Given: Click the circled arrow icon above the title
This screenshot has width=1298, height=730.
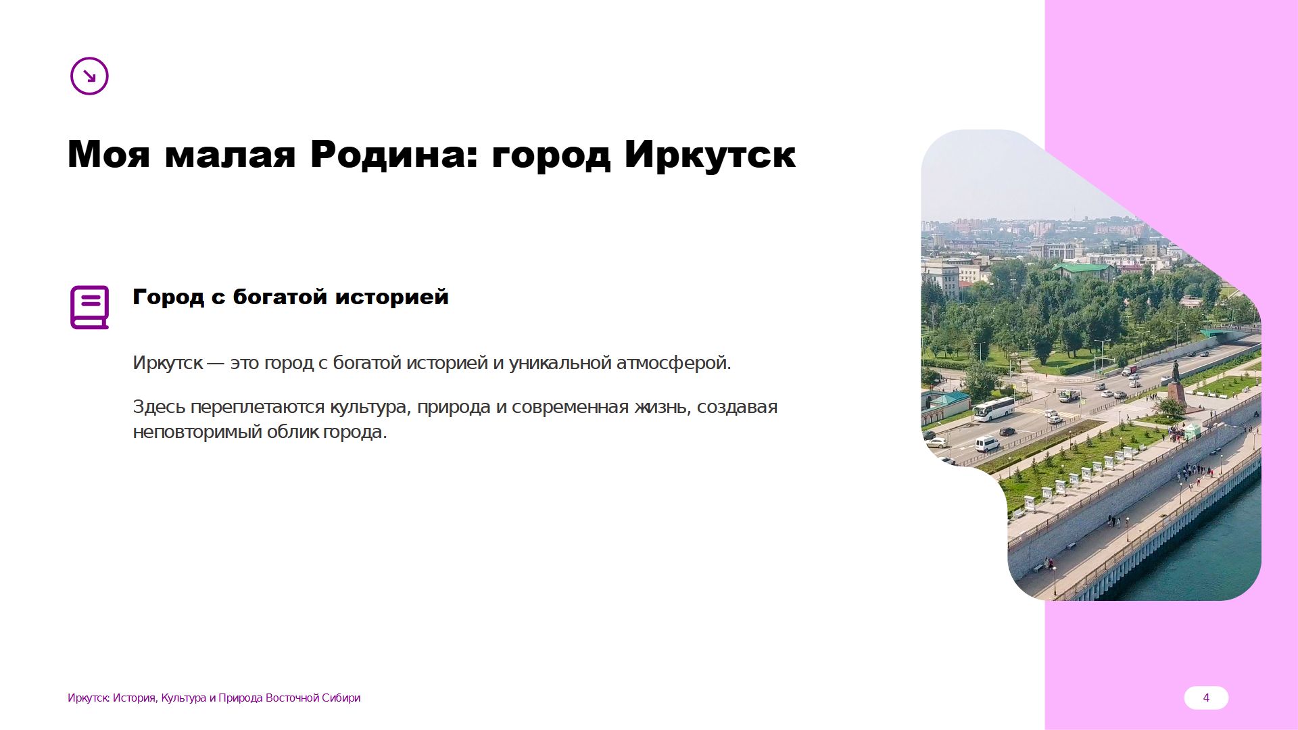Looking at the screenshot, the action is (89, 76).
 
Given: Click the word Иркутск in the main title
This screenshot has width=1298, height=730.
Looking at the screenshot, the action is (710, 155).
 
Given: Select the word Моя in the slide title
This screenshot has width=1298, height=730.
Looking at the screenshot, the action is (108, 155).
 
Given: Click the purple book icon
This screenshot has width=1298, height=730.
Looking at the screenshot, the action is (89, 307).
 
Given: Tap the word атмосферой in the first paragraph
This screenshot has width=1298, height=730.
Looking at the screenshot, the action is (673, 363).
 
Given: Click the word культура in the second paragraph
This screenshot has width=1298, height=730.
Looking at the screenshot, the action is (370, 407).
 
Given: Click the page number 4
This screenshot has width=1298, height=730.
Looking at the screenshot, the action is (1206, 698).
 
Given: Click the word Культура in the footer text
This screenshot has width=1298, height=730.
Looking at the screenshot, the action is (183, 698).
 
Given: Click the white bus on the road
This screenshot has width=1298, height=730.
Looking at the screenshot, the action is (994, 408).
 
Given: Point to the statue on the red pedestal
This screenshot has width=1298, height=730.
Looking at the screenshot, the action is (1176, 383).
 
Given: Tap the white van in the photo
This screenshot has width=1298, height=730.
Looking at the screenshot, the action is (987, 443).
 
